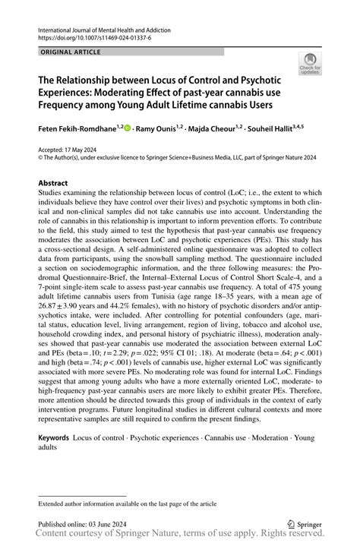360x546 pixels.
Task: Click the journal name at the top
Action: point(103,27)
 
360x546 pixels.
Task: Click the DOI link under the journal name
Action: point(90,36)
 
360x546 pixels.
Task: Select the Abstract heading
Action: point(53,183)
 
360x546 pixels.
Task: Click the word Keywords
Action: point(54,438)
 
